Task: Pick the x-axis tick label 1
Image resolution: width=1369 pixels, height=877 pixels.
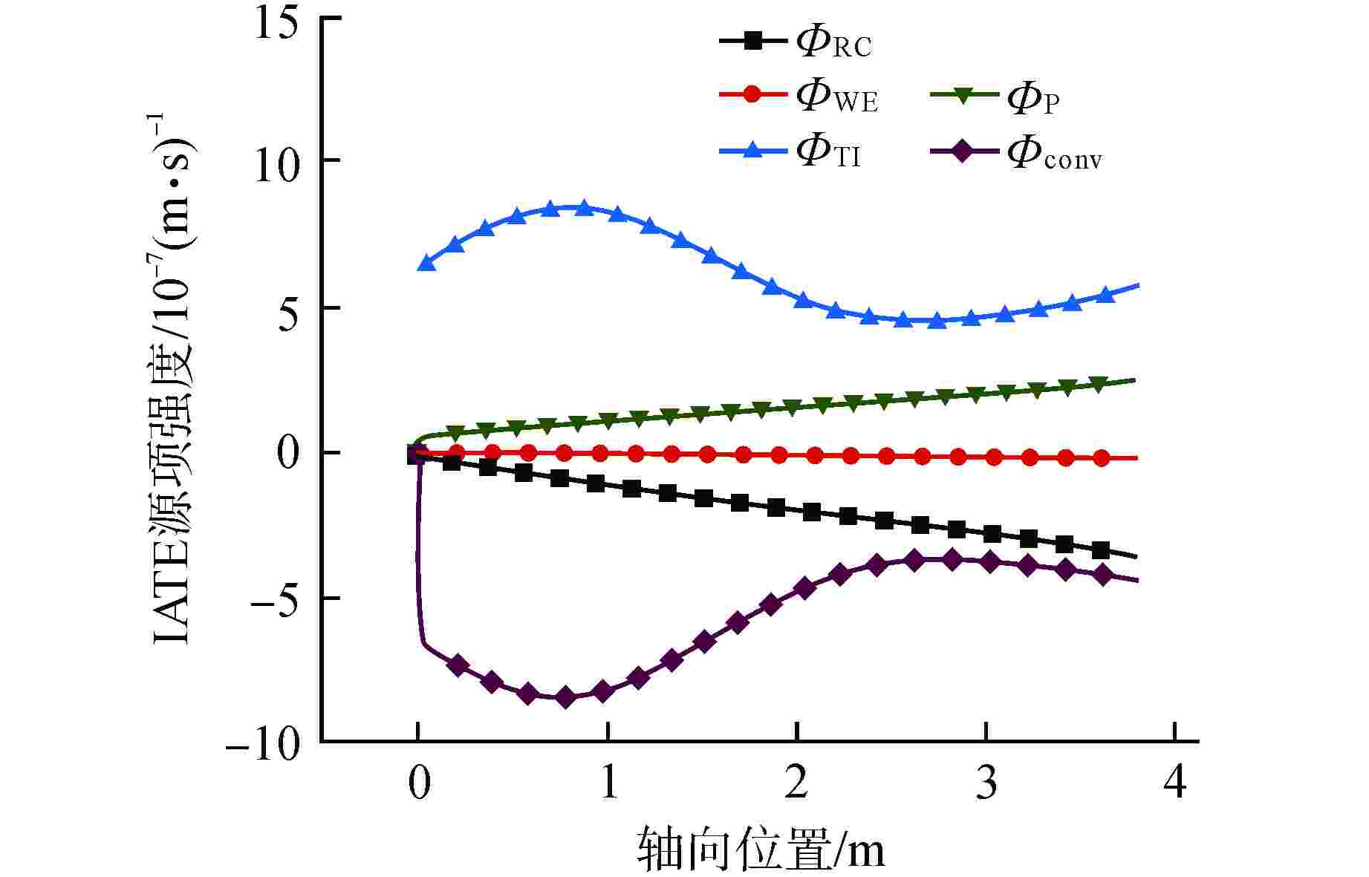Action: click(x=608, y=783)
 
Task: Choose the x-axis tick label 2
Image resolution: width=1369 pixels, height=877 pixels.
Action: click(x=796, y=783)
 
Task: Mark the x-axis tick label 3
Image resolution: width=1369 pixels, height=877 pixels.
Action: click(x=986, y=783)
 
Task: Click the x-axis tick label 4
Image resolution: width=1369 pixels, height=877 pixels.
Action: click(x=1175, y=783)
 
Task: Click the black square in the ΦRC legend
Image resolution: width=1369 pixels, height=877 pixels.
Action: click(x=752, y=41)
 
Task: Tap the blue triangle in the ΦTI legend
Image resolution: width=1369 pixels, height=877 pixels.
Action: click(x=752, y=150)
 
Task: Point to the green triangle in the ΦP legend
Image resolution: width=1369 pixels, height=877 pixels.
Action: click(x=963, y=96)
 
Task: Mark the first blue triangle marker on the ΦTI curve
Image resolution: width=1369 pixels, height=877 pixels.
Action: click(x=426, y=263)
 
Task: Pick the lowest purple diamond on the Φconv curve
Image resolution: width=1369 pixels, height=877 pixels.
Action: click(x=565, y=697)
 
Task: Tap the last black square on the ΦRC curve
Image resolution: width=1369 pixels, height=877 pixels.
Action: click(x=1100, y=550)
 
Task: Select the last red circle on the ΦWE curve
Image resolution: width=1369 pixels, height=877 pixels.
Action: click(x=1102, y=458)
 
